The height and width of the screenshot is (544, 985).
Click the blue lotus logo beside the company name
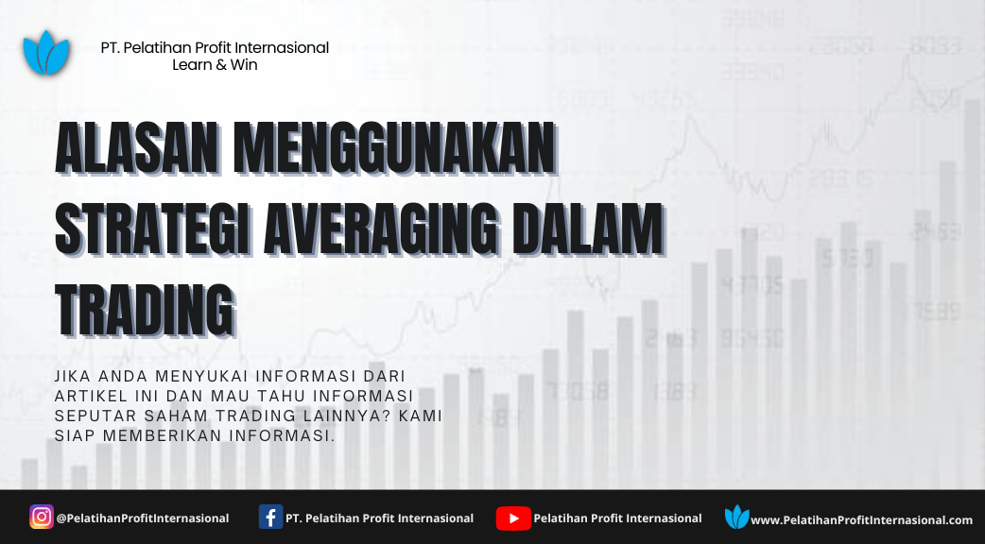pos(46,53)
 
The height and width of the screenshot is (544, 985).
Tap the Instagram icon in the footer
pos(42,517)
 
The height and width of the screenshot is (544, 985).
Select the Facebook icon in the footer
pos(270,517)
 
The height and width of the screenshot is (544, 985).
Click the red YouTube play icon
pos(513,518)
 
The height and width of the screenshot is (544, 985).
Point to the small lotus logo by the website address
pos(737,517)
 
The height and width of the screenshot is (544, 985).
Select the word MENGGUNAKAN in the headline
pos(395,148)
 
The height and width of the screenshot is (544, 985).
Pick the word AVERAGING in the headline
pos(382,228)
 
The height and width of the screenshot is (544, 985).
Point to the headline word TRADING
pos(146,311)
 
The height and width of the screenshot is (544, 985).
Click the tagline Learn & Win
pos(215,64)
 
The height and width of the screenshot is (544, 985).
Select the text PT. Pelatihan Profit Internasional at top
pos(215,47)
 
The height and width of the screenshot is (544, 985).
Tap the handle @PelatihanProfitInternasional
pos(143,518)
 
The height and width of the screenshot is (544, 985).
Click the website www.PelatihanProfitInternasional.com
pos(862,520)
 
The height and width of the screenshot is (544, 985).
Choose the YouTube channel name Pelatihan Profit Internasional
pos(617,518)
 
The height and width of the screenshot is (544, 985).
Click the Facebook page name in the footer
pos(379,518)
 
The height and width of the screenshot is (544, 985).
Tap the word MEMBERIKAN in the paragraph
pos(162,435)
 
